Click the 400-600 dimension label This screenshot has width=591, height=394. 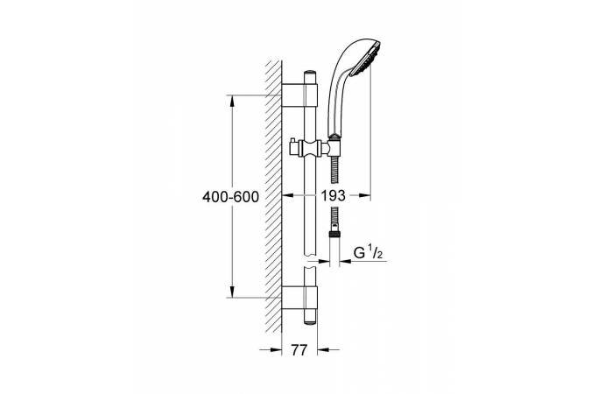[230, 197]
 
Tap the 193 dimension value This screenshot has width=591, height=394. [334, 195]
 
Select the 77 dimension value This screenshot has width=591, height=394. [299, 350]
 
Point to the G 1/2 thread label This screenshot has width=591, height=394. [368, 252]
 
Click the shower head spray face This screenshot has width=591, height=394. [366, 59]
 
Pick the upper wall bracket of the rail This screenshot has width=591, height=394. [299, 95]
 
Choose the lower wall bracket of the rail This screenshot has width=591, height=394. [299, 298]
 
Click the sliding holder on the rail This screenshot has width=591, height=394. [313, 148]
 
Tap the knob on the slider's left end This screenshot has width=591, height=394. [292, 148]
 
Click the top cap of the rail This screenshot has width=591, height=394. [311, 73]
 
